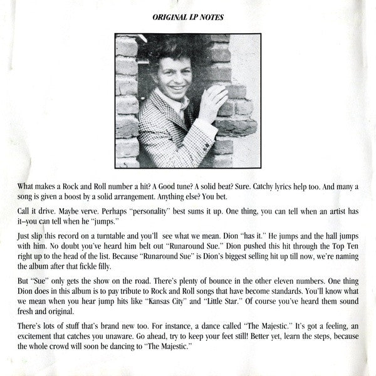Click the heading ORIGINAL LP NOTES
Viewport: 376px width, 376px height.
coord(189,18)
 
